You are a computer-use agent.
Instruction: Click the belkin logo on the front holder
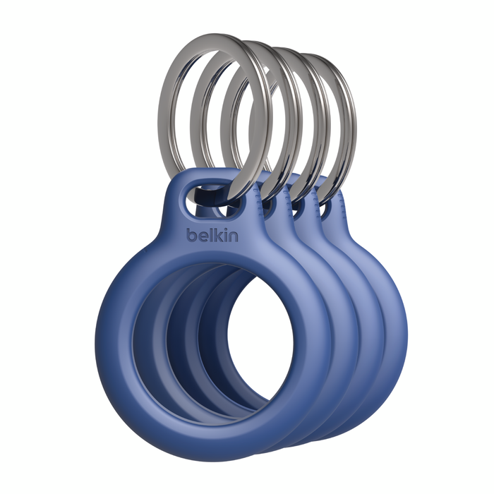pyautogui.click(x=212, y=235)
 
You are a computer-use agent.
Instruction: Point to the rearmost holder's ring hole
pyautogui.click(x=327, y=210)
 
